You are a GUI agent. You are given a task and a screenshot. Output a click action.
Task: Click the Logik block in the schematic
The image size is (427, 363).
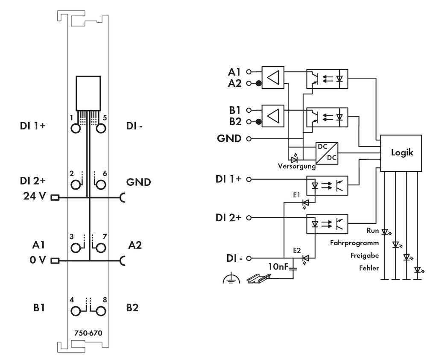pyautogui.click(x=402, y=153)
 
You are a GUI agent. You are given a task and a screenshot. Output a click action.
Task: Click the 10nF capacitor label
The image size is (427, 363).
pyautogui.click(x=278, y=267)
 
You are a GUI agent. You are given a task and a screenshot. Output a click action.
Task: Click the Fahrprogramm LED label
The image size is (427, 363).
pyautogui.click(x=354, y=243)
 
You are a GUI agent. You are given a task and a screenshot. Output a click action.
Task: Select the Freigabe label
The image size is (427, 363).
pyautogui.click(x=364, y=255)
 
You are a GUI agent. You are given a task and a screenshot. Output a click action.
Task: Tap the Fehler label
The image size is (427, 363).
pyautogui.click(x=369, y=268)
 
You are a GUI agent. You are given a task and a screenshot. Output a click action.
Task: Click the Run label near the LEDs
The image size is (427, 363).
pyautogui.click(x=373, y=230)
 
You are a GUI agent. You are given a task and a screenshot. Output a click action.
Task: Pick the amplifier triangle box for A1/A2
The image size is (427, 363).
pyautogui.click(x=273, y=77)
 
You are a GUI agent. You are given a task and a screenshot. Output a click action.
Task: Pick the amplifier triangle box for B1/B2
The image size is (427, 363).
pyautogui.click(x=273, y=115)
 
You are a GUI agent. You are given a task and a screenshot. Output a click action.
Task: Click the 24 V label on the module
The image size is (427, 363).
pyautogui.click(x=35, y=197)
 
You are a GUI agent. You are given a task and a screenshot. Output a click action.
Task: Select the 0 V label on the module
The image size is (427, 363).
pyautogui.click(x=38, y=260)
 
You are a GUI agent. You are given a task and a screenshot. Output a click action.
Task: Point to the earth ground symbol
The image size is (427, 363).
pyautogui.click(x=231, y=279)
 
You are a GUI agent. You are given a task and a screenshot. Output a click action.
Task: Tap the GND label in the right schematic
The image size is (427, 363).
pyautogui.click(x=230, y=138)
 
